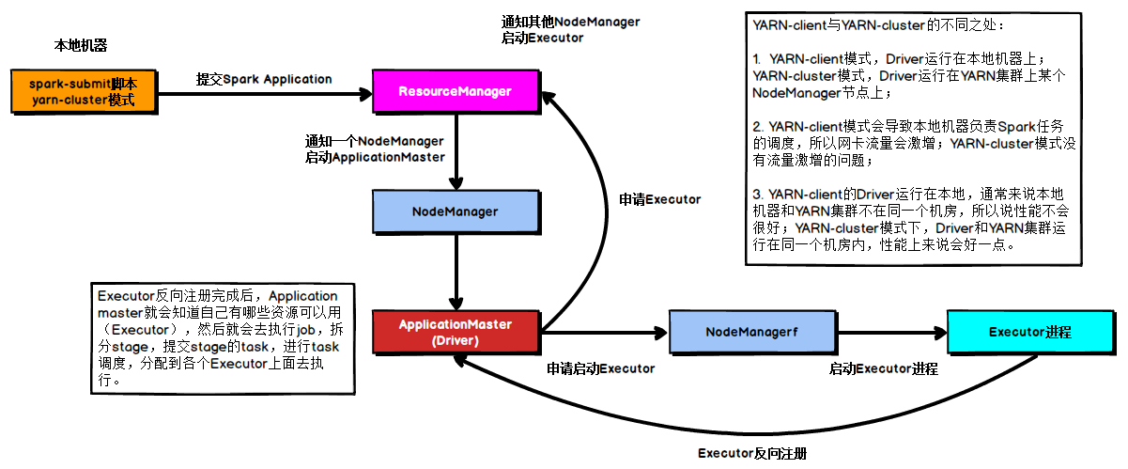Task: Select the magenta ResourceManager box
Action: click(456, 91)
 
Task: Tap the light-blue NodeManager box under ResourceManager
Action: click(456, 211)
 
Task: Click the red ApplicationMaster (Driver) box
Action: click(456, 332)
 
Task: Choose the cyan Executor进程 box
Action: click(1030, 332)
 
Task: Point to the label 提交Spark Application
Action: click(264, 79)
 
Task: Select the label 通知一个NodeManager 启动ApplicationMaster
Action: click(375, 149)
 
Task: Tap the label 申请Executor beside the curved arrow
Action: click(660, 199)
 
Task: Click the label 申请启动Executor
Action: click(601, 368)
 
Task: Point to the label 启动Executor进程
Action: click(883, 368)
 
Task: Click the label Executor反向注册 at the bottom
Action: click(752, 453)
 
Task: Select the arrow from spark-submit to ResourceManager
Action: click(263, 93)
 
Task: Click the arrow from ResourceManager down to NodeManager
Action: click(456, 151)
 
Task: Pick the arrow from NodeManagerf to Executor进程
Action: click(892, 333)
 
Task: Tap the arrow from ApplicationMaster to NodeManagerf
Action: click(601, 333)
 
